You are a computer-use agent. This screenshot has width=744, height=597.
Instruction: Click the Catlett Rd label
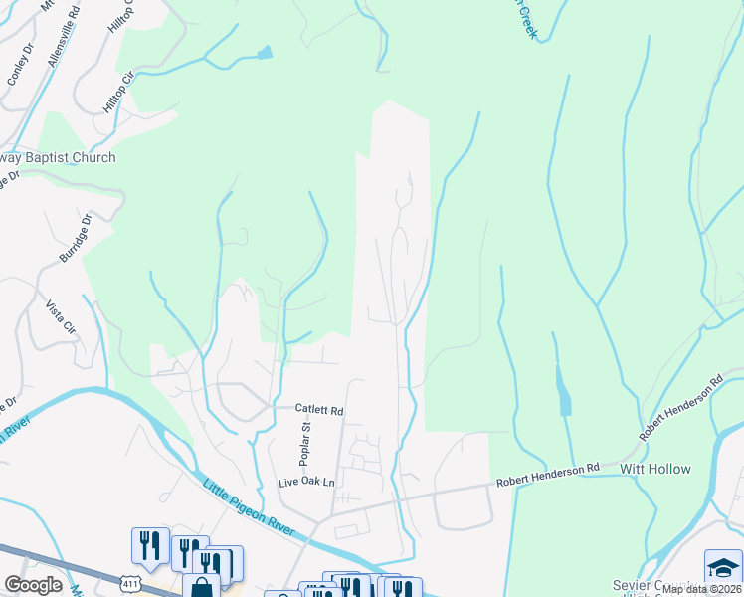(319, 409)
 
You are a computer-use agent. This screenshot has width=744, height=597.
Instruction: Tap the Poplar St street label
(306, 443)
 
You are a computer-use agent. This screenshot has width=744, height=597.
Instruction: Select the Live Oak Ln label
(307, 482)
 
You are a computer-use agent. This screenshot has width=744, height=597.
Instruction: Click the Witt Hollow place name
(654, 469)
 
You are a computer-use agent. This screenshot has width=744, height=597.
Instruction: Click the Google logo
(33, 585)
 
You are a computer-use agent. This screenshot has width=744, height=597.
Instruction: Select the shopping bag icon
(202, 587)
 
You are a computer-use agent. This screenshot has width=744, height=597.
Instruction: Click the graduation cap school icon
(723, 566)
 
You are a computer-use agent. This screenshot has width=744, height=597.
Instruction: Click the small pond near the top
(264, 53)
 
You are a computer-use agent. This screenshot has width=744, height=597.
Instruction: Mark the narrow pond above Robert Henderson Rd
(564, 393)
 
